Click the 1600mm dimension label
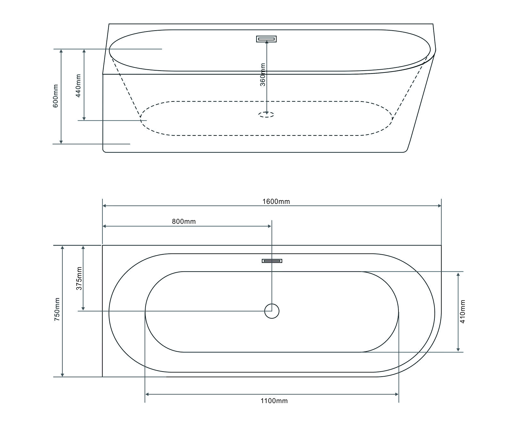(x=276, y=201)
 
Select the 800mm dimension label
(x=184, y=222)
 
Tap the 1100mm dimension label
(x=274, y=401)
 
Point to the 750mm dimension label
(x=57, y=309)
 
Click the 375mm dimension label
(x=79, y=278)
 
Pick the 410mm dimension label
(x=462, y=311)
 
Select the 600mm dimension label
(x=55, y=96)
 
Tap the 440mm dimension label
(x=78, y=85)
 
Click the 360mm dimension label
(x=263, y=75)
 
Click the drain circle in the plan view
(x=272, y=311)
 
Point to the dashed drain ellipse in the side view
(x=266, y=115)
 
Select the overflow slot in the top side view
(x=266, y=39)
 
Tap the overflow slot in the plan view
(x=272, y=261)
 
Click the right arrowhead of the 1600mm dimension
(x=439, y=206)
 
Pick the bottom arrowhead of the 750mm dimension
(x=62, y=375)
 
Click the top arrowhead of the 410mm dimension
(x=458, y=274)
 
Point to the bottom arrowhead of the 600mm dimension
(x=61, y=142)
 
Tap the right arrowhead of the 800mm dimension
(x=270, y=226)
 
